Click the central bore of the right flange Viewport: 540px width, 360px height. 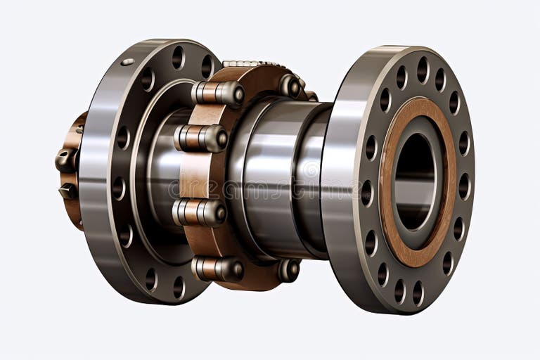416,179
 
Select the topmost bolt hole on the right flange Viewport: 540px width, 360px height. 423,70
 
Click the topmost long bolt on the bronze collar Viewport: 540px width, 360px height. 218,93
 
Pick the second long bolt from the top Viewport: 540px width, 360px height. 202,138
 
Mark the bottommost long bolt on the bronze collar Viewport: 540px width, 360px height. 218,268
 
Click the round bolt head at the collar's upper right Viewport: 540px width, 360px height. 290,86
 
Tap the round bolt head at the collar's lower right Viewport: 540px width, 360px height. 289,270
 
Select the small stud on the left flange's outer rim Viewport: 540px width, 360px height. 127,63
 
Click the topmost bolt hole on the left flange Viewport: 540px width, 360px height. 178,56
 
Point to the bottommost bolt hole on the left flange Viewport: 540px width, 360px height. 179,286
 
